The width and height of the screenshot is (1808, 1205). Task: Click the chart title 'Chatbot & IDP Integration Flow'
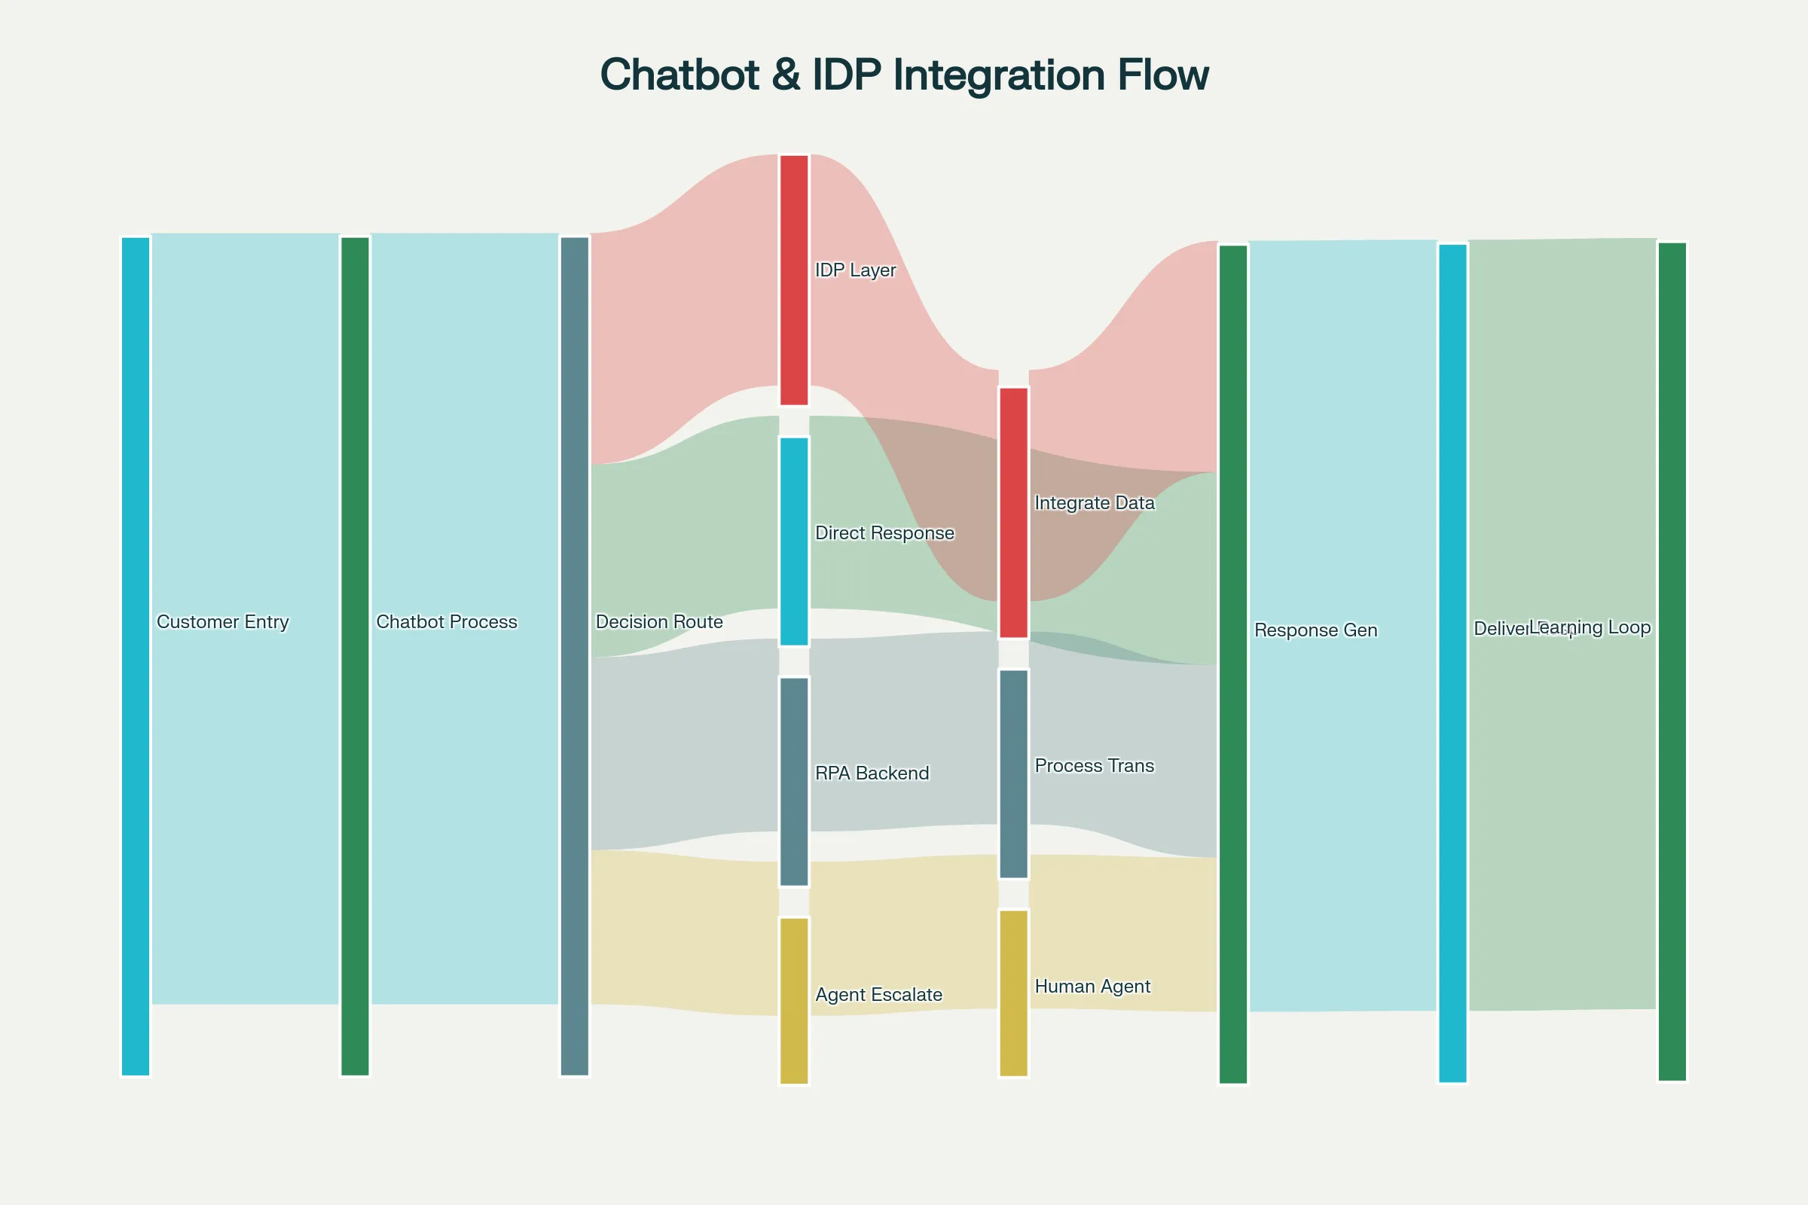tap(904, 75)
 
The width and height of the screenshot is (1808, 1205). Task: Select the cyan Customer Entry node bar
tap(136, 656)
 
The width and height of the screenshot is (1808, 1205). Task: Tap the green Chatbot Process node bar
tap(355, 656)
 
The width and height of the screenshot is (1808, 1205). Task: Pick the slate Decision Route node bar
tap(574, 656)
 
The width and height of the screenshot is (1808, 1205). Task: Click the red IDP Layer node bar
tap(794, 279)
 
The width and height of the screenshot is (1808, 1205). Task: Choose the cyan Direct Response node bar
tap(794, 541)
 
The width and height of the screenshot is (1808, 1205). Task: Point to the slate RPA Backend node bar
tap(794, 782)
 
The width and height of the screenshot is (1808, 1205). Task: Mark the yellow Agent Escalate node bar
tap(794, 1001)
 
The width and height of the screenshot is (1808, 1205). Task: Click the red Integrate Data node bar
tap(1013, 513)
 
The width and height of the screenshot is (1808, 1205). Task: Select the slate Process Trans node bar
tap(1013, 774)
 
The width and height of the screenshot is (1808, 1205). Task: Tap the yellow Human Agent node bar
tap(1013, 993)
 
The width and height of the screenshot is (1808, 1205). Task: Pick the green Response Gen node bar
tap(1233, 664)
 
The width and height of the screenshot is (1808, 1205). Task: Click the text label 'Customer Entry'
tap(223, 622)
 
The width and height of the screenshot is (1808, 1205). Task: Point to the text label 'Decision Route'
tap(658, 622)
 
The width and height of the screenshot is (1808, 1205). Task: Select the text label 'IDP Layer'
tap(855, 270)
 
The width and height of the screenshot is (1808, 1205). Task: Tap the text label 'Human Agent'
tap(1092, 986)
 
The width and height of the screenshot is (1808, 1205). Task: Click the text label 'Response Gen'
tap(1315, 630)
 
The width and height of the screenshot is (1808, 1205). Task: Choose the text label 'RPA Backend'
tap(872, 773)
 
